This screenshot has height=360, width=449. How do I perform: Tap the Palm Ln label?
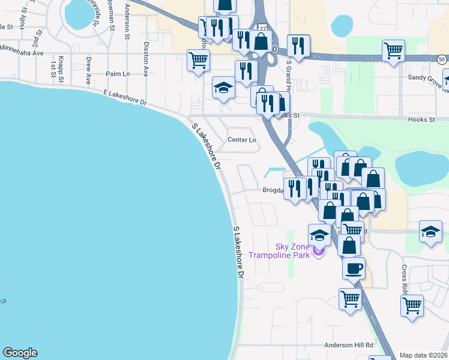point(118,74)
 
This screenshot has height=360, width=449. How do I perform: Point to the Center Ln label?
point(242,140)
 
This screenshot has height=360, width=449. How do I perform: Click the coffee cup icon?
point(354,268)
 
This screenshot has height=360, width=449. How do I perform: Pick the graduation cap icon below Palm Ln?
point(223,88)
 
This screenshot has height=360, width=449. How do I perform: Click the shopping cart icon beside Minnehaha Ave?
point(199,60)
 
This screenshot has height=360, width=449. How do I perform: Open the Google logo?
point(20,353)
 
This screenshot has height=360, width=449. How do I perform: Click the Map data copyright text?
point(424,355)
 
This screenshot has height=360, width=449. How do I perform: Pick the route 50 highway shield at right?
point(442,59)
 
